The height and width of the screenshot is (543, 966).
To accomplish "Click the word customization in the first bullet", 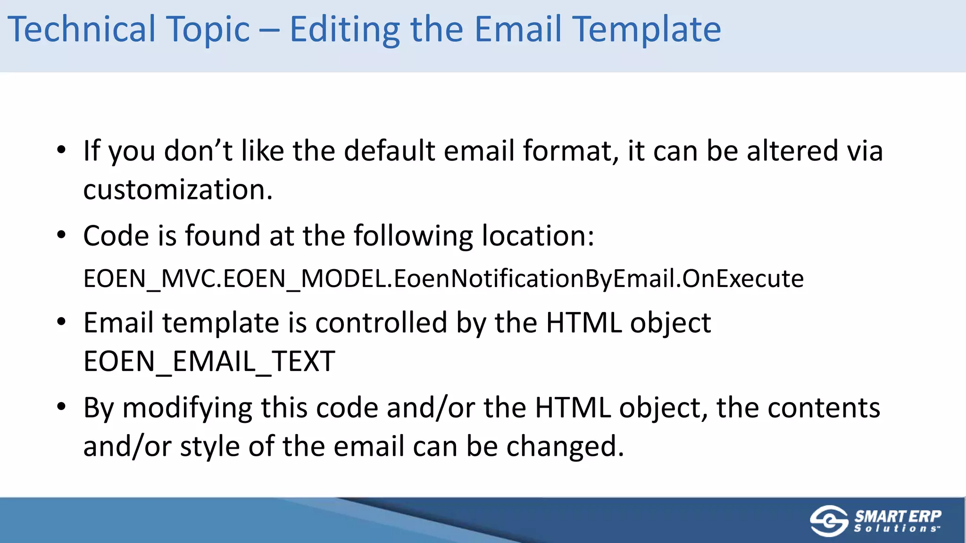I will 178,190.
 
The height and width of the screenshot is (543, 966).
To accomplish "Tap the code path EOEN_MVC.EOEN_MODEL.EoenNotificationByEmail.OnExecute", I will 443,279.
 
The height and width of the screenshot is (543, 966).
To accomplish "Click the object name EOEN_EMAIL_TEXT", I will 209,362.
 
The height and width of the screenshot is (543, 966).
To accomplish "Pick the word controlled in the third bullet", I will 381,323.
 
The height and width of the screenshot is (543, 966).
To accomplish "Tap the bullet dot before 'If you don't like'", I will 61,150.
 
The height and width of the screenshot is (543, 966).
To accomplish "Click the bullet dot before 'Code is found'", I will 61,235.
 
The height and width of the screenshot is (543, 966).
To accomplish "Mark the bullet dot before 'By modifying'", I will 61,407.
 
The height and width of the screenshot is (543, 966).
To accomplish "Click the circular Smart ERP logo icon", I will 829,521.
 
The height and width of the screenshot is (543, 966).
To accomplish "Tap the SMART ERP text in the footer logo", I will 898,516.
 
